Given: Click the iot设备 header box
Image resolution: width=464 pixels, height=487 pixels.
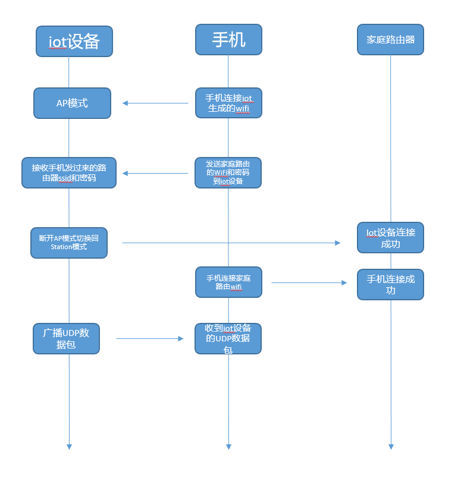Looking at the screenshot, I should tap(74, 41).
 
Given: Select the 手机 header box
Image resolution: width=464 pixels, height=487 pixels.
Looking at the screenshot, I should tap(228, 39).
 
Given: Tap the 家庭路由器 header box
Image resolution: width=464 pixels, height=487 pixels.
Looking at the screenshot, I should tap(390, 39).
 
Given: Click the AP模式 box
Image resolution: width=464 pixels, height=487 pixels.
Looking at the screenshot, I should tap(72, 103).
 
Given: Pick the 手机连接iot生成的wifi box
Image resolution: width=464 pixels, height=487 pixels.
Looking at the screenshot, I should tap(228, 103).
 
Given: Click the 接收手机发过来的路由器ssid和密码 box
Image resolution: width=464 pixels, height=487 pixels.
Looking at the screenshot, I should tap(69, 172).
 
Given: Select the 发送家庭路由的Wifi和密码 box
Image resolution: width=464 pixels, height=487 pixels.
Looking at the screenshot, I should tap(228, 172).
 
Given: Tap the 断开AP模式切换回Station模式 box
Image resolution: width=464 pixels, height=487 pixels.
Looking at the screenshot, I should tap(69, 243).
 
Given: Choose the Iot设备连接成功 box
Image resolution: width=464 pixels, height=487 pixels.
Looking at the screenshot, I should tap(390, 237).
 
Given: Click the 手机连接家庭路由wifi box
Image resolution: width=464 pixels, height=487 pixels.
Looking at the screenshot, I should tap(228, 282).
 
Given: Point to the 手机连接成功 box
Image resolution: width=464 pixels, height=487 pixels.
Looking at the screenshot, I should tap(390, 284).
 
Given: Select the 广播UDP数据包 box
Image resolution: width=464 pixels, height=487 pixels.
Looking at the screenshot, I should tap(66, 338).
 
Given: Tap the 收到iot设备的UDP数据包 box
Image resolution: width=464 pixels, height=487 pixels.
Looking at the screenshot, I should tap(228, 338).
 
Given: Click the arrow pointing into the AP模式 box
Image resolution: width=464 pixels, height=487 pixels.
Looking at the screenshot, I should tap(155, 103).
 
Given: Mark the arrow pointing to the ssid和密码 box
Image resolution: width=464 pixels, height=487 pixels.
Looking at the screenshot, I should tap(155, 173).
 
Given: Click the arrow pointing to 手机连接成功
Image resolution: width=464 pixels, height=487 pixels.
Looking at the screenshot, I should tap(309, 282).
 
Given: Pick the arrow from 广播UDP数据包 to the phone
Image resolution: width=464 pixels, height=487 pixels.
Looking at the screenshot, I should tap(150, 338).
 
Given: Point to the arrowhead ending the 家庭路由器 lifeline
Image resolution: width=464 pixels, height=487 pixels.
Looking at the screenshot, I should tap(391, 446).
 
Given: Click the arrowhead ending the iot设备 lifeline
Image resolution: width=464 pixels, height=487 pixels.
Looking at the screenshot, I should tap(69, 446).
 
